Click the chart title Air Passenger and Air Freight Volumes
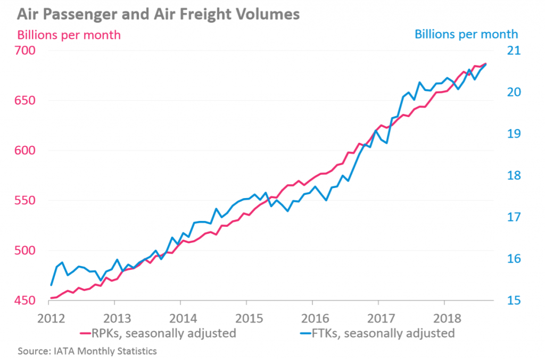153,13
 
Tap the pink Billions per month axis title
69,35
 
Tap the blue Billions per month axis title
466,34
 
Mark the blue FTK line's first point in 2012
51,285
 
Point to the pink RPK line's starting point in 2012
51,298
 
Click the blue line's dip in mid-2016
326,200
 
